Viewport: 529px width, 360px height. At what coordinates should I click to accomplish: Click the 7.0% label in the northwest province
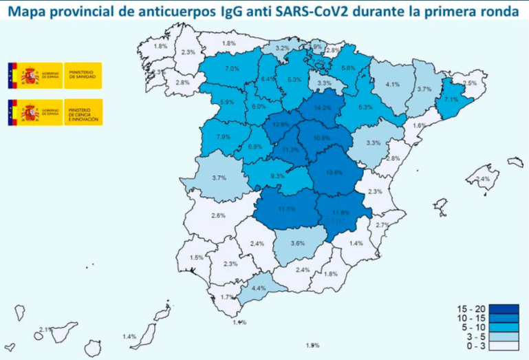[232, 69]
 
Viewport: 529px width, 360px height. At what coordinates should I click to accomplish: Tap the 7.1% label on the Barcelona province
[451, 99]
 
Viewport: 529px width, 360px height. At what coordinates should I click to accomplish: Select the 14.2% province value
[323, 108]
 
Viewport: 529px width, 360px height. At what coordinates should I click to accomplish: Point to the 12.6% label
[281, 125]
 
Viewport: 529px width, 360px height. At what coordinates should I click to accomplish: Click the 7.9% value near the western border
[223, 136]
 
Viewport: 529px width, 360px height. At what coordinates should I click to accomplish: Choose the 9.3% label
[278, 176]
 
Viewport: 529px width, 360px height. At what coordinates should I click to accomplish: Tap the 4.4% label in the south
[259, 288]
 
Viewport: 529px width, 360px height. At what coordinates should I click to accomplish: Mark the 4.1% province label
[393, 85]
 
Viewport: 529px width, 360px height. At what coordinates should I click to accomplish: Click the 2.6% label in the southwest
[218, 215]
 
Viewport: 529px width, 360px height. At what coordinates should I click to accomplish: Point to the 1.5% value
[196, 257]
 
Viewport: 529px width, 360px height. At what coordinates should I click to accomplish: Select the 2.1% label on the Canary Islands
[46, 330]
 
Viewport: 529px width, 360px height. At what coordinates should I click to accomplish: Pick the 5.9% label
[226, 103]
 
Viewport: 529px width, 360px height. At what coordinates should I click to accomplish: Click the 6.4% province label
[268, 78]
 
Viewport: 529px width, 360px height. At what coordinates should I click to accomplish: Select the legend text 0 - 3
[473, 348]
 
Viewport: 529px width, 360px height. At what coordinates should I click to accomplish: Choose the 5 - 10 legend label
[471, 328]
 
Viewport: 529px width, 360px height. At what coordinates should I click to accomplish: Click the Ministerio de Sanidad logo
[55, 74]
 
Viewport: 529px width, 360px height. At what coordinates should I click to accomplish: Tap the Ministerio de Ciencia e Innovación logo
[55, 112]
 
